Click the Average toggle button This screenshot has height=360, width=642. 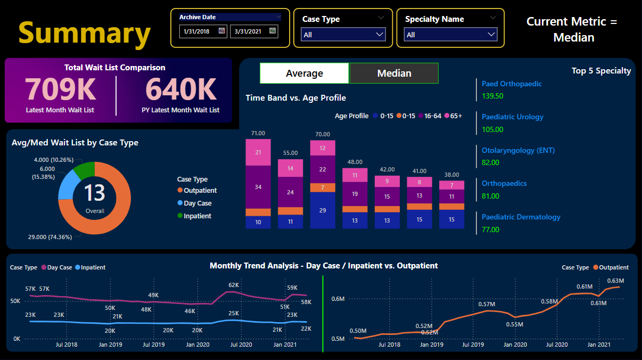tap(304, 73)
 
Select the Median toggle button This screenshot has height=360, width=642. tap(394, 73)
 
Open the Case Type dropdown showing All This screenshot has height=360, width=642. tap(343, 35)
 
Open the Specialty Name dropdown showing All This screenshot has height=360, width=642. tap(450, 35)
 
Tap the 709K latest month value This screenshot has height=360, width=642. tap(60, 89)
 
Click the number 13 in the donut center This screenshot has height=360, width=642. tap(94, 193)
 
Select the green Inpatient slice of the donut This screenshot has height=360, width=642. tap(84, 170)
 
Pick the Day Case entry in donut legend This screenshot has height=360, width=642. tap(197, 203)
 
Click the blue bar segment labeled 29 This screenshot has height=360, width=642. tap(323, 210)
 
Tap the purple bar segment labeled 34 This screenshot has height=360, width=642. tap(258, 187)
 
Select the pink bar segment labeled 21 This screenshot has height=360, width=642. tap(258, 152)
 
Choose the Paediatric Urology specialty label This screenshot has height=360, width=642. tap(512, 117)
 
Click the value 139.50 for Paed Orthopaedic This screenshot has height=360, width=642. tap(492, 96)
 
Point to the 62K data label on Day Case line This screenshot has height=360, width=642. tap(234, 285)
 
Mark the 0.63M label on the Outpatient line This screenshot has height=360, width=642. tap(615, 281)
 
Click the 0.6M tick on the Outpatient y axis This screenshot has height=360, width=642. tap(338, 299)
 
